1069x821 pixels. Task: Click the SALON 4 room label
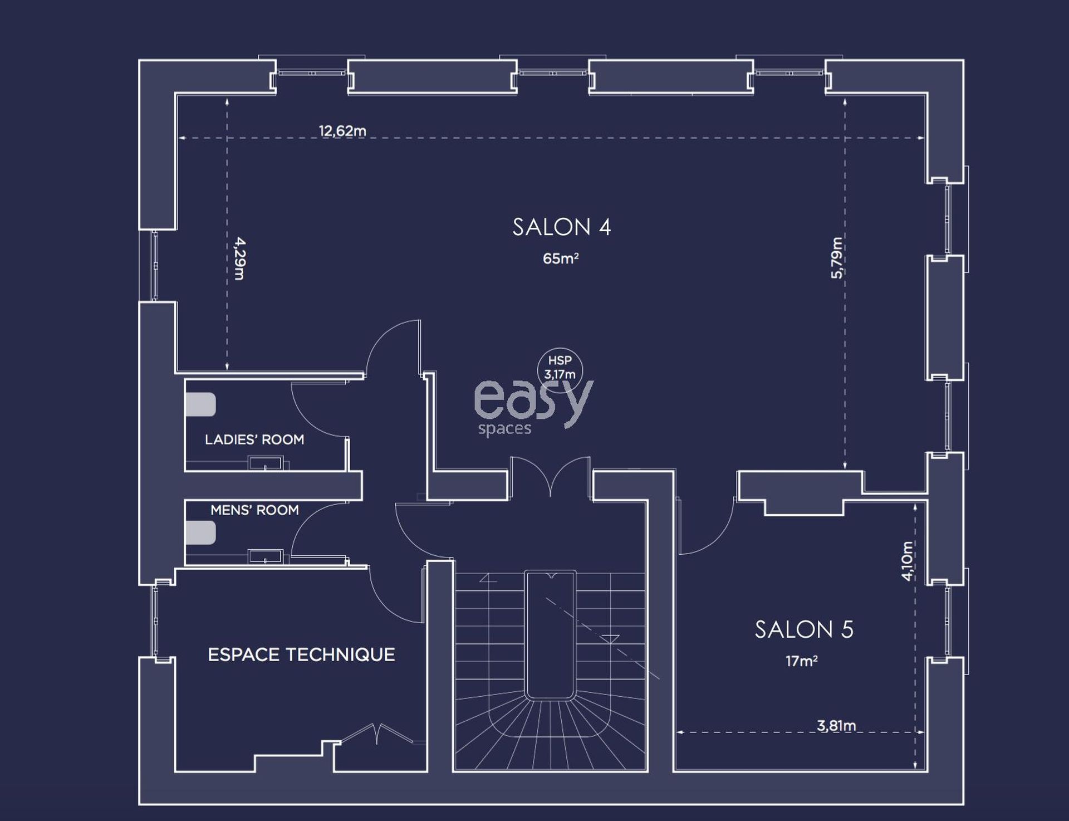562,227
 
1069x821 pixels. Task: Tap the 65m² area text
561,258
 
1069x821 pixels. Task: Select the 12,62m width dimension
342,131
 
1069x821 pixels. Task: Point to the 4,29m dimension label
239,258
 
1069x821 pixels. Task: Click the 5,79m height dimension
836,257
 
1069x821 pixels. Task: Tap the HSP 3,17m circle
560,370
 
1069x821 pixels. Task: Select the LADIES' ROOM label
254,439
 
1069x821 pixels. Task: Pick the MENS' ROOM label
254,510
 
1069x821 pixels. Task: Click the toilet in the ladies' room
200,404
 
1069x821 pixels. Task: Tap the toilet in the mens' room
200,532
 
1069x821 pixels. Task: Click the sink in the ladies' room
266,463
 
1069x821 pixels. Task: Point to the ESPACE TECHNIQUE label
301,654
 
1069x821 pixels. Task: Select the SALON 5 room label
804,629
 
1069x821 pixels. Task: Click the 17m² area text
801,661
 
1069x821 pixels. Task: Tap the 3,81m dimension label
836,725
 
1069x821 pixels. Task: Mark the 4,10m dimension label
908,561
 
